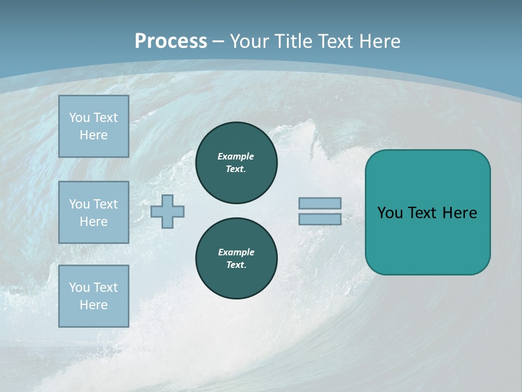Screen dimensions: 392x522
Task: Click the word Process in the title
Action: coord(171,41)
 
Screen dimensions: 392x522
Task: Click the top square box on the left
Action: coord(94,126)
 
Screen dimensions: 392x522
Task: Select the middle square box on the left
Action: coord(94,212)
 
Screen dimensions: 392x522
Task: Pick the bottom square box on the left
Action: coord(94,296)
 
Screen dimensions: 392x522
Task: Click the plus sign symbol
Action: coord(167,211)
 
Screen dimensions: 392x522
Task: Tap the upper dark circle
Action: coord(237,163)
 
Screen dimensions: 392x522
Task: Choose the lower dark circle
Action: coord(237,259)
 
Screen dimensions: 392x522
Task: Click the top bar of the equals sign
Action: coord(320,203)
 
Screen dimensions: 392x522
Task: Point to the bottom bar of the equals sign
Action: coord(320,219)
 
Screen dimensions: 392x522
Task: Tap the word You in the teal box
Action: coord(390,213)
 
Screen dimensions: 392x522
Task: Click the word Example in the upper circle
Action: coord(236,156)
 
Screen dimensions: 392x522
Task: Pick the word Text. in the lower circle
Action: coord(237,265)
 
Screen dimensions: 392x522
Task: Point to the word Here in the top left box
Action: coord(94,135)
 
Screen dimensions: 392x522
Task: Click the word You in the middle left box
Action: coord(79,204)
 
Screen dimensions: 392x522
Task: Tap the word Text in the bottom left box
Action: coord(105,287)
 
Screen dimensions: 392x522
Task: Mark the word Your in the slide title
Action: coord(249,41)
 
